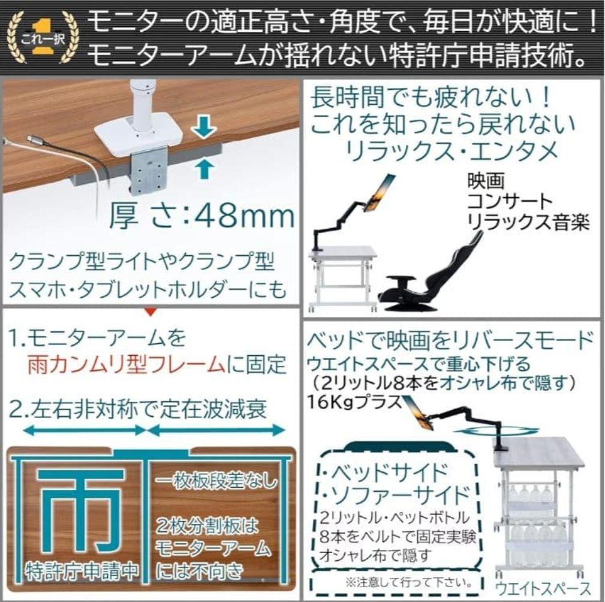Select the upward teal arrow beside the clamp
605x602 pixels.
pyautogui.click(x=205, y=168)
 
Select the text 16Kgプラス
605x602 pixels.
pyautogui.click(x=354, y=401)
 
